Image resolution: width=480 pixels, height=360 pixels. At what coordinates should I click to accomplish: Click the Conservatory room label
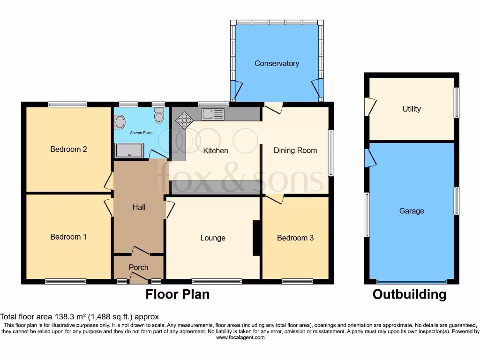(x=277, y=63)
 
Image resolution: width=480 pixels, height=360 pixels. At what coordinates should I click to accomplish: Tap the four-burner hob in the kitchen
(x=184, y=120)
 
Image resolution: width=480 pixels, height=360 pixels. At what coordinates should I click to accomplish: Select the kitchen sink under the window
(x=213, y=113)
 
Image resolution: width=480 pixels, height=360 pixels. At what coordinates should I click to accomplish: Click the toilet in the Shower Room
(x=159, y=115)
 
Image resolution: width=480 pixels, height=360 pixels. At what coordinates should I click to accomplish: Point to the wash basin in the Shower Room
(x=120, y=122)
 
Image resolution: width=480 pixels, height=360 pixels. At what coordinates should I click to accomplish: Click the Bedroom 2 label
(x=68, y=150)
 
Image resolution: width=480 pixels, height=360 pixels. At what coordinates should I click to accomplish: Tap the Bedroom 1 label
(x=68, y=237)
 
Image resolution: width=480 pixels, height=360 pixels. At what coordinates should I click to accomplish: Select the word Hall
(x=139, y=207)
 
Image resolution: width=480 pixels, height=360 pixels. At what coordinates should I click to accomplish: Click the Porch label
(x=138, y=268)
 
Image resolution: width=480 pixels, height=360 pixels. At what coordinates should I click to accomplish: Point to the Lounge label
(x=213, y=238)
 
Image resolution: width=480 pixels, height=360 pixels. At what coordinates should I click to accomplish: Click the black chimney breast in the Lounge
(x=257, y=238)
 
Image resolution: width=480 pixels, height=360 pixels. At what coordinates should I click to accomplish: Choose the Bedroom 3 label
(x=295, y=238)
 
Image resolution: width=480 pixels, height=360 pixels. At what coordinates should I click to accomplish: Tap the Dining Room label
(x=295, y=150)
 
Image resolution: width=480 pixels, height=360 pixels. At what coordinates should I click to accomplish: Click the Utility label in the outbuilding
(x=412, y=109)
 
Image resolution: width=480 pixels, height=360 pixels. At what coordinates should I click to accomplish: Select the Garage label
(x=412, y=211)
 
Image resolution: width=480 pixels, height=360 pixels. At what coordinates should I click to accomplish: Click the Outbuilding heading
(x=409, y=294)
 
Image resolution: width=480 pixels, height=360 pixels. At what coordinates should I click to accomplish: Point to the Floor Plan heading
(x=177, y=294)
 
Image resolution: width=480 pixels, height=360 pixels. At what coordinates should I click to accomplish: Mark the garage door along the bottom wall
(x=412, y=282)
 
